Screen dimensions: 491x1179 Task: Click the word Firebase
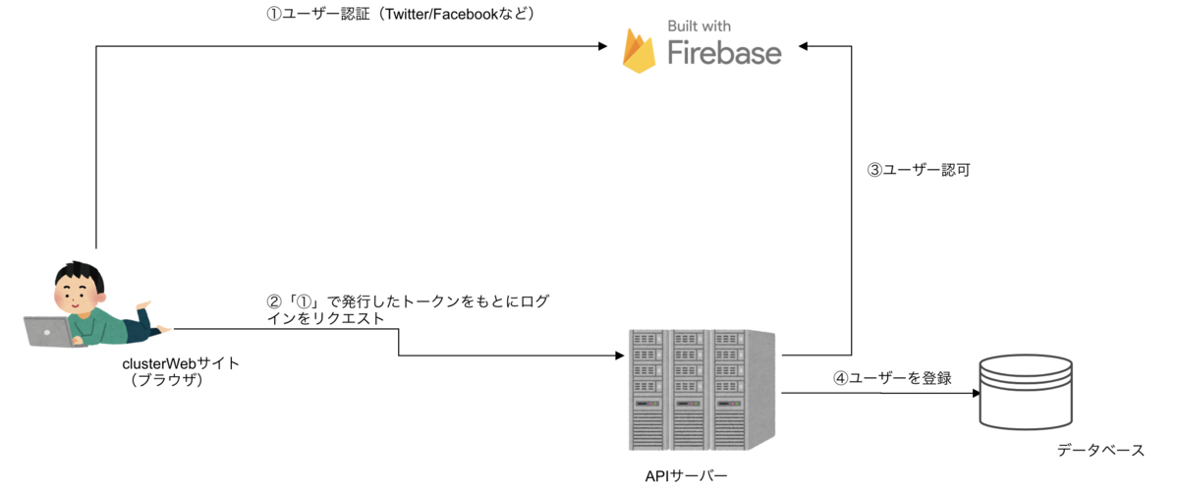[724, 52]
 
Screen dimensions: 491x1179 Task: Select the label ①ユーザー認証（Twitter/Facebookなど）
[400, 15]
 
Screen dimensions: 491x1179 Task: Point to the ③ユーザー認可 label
[919, 170]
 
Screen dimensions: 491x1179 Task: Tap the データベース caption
[1100, 451]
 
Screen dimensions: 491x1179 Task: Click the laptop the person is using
[46, 332]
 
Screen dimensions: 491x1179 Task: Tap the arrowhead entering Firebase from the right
[804, 46]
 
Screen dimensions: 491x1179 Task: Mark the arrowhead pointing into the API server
[622, 355]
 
